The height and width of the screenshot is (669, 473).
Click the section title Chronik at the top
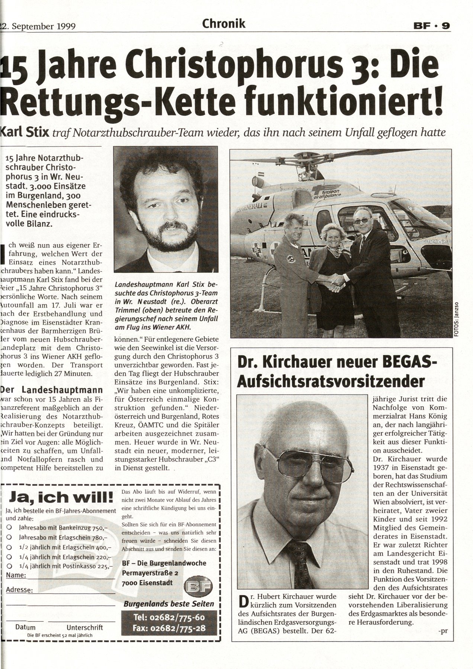coord(223,24)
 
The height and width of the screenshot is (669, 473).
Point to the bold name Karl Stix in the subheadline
coord(25,132)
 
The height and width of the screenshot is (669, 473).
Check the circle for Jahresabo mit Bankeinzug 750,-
coord(9,527)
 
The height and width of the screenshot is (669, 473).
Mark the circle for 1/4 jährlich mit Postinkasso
coord(9,566)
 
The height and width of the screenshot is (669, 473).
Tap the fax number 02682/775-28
coord(168,628)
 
